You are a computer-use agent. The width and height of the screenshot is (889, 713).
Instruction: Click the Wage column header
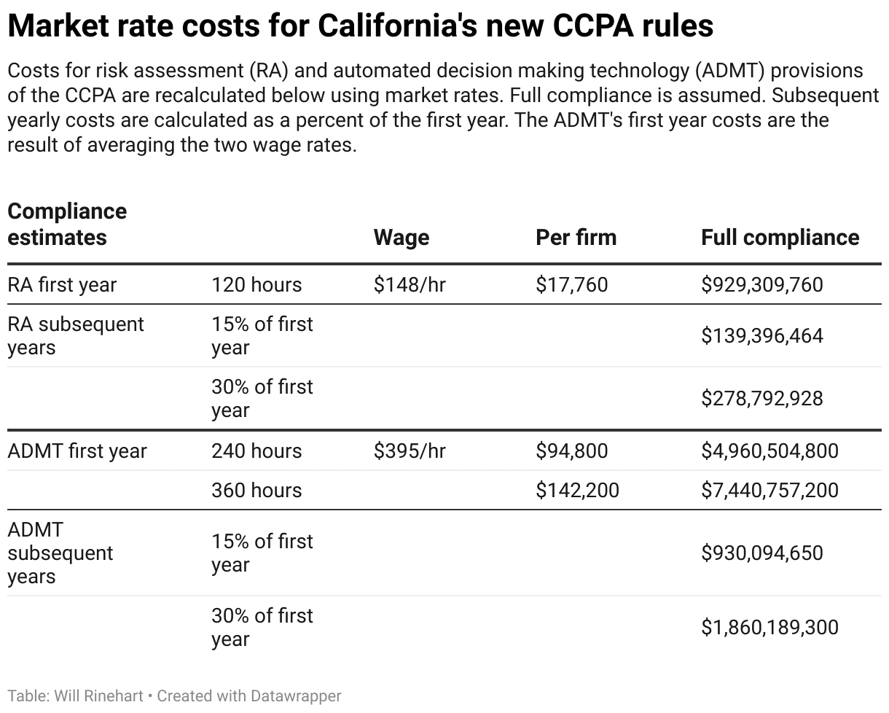(401, 238)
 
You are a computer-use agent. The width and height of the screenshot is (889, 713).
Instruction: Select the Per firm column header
(576, 238)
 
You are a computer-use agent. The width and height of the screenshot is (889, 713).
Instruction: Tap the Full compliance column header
(780, 238)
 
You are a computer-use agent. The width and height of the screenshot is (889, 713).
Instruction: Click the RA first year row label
(62, 284)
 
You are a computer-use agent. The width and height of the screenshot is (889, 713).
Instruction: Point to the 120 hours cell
(256, 284)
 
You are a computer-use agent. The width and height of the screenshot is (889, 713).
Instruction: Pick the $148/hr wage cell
(410, 284)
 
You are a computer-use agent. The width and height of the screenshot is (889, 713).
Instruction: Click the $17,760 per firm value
(571, 284)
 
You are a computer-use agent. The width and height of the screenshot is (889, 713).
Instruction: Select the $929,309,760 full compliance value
(761, 284)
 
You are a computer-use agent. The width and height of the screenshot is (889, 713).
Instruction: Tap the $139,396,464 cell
(761, 336)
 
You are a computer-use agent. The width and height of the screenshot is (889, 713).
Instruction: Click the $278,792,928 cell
(761, 399)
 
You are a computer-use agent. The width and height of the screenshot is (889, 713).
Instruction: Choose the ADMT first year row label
(77, 451)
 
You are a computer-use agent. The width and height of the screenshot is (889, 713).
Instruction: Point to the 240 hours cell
(256, 451)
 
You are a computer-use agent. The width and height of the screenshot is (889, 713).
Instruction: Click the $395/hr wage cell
(410, 451)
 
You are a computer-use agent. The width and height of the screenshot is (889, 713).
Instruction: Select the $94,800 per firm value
(571, 451)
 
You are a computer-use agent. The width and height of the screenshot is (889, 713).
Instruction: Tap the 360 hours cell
(256, 491)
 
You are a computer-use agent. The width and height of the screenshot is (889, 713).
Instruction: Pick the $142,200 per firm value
(577, 491)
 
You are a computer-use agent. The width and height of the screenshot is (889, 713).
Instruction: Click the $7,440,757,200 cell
(769, 491)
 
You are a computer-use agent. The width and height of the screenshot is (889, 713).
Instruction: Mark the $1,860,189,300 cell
(769, 628)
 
